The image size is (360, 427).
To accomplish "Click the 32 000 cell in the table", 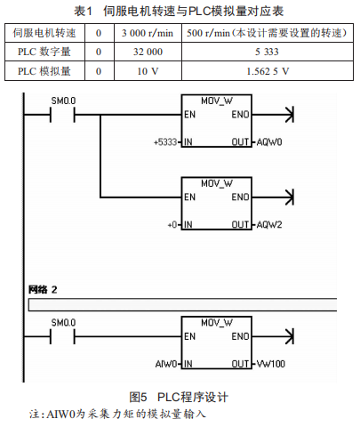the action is [x=148, y=52].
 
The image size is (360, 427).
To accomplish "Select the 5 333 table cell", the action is [x=267, y=52].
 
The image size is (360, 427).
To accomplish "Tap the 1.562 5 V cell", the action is [x=268, y=71].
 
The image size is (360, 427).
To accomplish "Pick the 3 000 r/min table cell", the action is [x=148, y=33].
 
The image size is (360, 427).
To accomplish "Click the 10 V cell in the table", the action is [x=148, y=71].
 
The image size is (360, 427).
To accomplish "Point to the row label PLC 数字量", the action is [x=44, y=52].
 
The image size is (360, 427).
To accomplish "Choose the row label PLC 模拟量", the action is [x=44, y=71].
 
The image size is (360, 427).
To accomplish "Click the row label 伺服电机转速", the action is [x=44, y=33].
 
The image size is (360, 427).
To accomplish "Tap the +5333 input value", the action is [x=165, y=142].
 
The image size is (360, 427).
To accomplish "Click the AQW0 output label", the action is [x=269, y=142].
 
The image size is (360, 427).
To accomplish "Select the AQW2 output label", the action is [x=269, y=225].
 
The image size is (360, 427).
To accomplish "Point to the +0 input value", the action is [x=172, y=225].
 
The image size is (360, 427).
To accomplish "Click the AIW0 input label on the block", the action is [x=166, y=364].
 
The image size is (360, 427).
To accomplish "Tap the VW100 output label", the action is [x=271, y=364].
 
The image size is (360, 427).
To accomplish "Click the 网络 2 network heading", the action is [x=43, y=289].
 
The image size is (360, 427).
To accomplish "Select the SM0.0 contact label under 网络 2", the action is [x=63, y=323].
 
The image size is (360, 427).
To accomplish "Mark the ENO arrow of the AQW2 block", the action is [x=273, y=197].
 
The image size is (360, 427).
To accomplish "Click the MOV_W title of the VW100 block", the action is [x=217, y=323].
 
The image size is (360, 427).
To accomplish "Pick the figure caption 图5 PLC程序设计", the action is [x=179, y=397].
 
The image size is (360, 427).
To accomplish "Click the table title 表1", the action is [x=84, y=12].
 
